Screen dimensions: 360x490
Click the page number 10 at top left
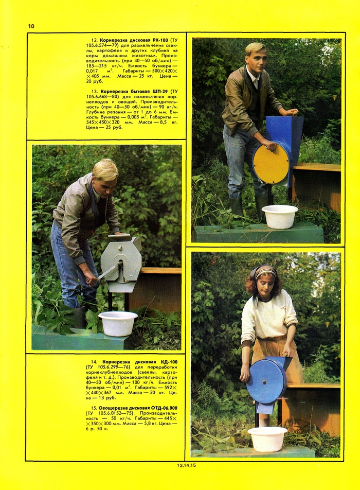[31, 26]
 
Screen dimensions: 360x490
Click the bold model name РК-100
[160, 40]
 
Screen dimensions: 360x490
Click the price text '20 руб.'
[94, 81]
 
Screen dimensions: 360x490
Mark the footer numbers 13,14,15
[186, 465]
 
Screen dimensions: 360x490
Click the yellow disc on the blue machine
[271, 165]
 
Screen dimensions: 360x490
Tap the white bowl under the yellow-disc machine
[280, 216]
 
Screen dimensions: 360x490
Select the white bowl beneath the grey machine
[118, 323]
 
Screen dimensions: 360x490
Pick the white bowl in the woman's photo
[267, 439]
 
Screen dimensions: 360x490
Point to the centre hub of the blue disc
[264, 381]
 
